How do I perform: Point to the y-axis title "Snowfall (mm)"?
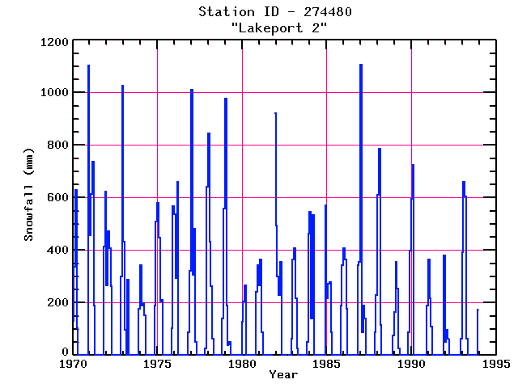(29, 197)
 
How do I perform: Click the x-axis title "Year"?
(283, 375)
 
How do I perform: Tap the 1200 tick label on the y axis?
(53, 40)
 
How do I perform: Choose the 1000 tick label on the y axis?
(53, 93)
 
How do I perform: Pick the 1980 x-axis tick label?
(242, 364)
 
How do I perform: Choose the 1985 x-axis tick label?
(326, 364)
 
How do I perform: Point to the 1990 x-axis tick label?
(411, 364)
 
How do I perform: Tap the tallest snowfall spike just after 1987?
(361, 65)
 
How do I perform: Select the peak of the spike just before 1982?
(275, 113)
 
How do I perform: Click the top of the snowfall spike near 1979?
(226, 99)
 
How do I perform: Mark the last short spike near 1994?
(478, 310)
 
